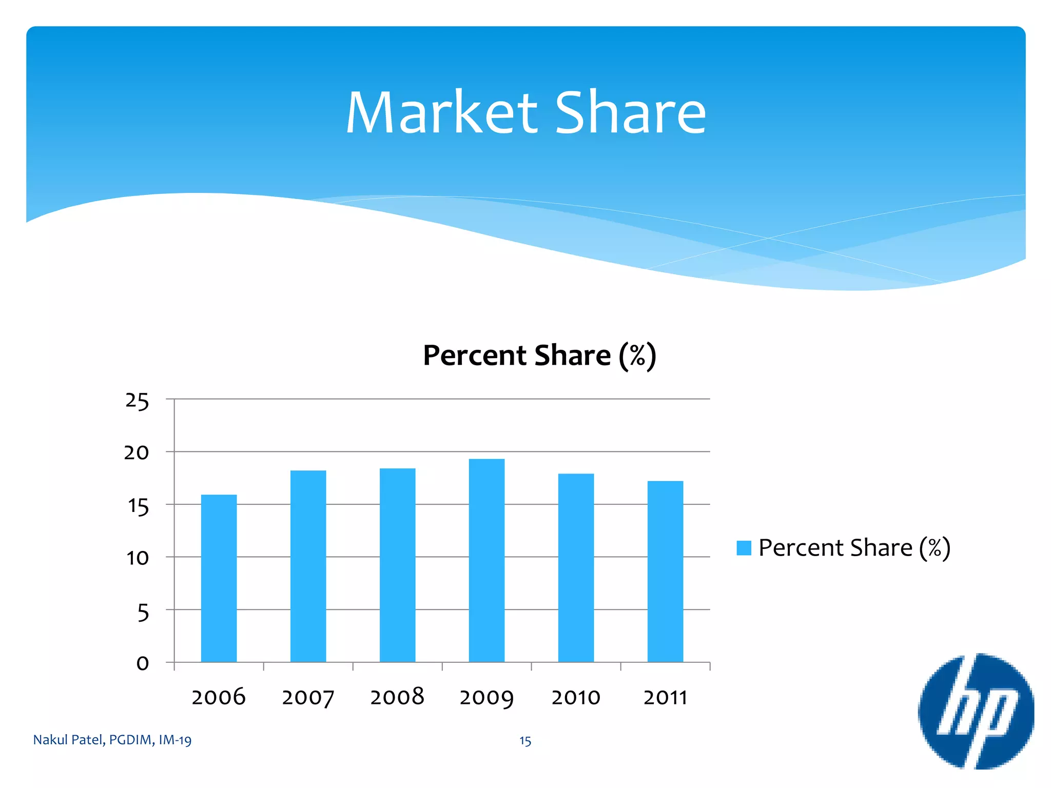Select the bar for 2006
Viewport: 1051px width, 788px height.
coord(219,578)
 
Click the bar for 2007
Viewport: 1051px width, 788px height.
coord(308,566)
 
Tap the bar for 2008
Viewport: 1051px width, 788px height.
coord(397,565)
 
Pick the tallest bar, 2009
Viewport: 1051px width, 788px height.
coord(486,560)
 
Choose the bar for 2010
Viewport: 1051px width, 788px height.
coord(576,567)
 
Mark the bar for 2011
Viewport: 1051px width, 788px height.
coord(665,571)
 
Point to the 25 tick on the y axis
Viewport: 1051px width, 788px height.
coord(137,401)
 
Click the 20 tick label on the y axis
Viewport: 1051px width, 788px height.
coord(137,452)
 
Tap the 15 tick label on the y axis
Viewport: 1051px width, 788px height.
coord(138,506)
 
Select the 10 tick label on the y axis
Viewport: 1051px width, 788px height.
coord(138,558)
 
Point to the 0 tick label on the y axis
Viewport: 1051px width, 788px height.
coord(143,663)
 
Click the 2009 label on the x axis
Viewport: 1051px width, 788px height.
coord(486,698)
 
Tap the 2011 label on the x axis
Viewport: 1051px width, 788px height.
coord(665,698)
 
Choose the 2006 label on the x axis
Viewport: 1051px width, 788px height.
coord(219,698)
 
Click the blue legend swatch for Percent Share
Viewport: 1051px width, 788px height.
coord(744,548)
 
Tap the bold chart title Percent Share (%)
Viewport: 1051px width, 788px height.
coord(539,356)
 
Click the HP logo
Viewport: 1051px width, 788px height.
coord(976,711)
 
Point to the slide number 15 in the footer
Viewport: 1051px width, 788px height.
coord(525,741)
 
